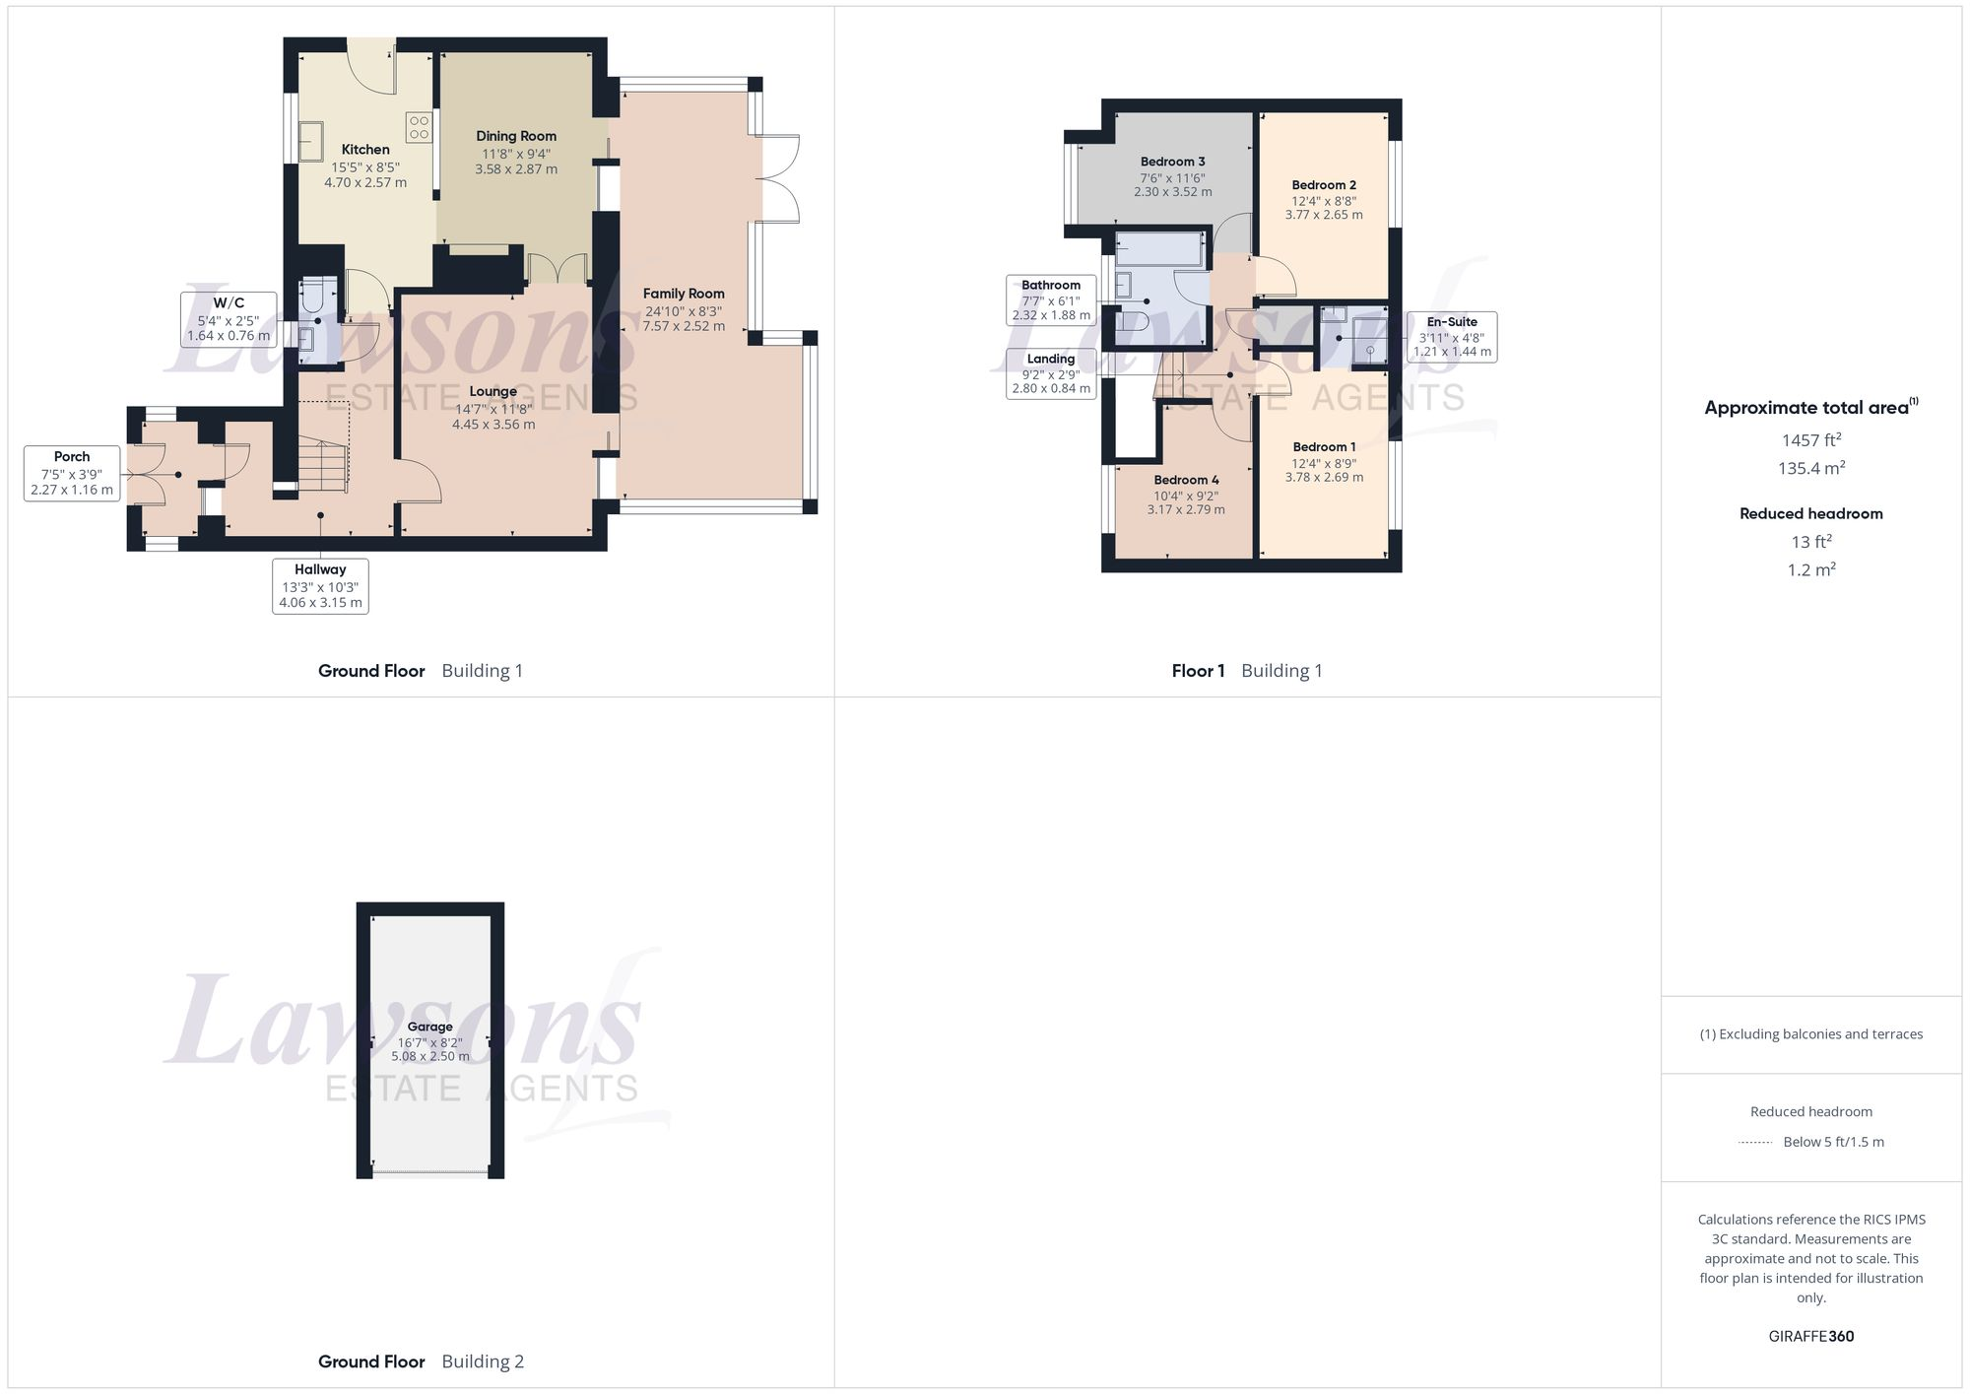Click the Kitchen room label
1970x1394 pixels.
365,150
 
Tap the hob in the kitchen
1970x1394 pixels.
419,127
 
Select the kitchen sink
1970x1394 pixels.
311,140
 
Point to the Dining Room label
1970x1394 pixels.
516,136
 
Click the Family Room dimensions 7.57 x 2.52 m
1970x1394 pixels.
684,326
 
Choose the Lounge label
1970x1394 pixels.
493,392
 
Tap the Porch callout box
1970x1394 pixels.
72,473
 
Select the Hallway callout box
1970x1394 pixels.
320,586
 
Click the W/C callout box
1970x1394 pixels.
229,319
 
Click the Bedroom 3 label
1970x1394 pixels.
1172,162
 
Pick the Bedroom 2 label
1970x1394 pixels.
1324,185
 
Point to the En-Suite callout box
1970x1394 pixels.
1452,337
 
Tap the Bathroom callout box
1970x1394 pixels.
1051,300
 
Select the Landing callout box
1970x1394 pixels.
1051,373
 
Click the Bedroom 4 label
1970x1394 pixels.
1186,481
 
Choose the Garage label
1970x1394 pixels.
430,1027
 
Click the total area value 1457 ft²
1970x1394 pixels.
1811,440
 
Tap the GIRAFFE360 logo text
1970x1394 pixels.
1811,1337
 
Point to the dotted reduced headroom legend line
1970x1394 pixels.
1755,1143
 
